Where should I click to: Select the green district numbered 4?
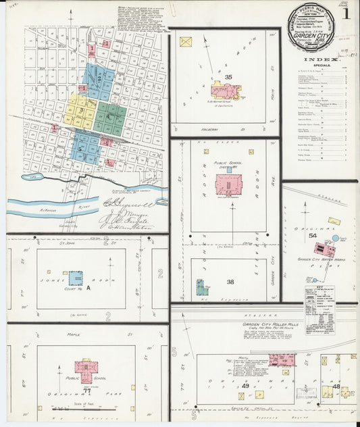point(108,117)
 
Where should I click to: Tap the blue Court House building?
point(75,278)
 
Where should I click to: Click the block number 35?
point(228,77)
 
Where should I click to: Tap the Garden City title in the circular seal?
point(311,30)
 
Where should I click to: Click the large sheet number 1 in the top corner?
point(346,13)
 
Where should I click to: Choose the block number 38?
point(230,282)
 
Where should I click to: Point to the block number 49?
point(245,386)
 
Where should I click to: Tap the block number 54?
point(312,234)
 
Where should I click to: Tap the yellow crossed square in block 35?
point(185,42)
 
